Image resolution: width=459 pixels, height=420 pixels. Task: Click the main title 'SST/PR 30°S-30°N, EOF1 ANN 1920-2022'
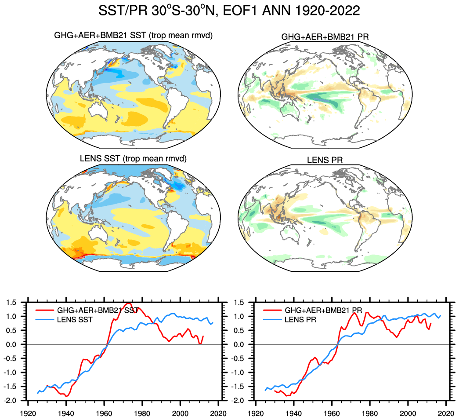(x=229, y=11)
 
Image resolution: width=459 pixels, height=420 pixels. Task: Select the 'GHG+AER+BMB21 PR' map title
(x=325, y=37)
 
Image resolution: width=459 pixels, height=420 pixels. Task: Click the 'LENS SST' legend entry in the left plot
(x=75, y=319)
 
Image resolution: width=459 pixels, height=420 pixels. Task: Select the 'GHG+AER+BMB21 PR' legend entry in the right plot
(x=323, y=310)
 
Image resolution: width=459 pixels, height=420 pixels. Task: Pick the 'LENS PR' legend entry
(x=300, y=319)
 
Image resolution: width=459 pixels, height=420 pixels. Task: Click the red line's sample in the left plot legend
(x=44, y=310)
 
